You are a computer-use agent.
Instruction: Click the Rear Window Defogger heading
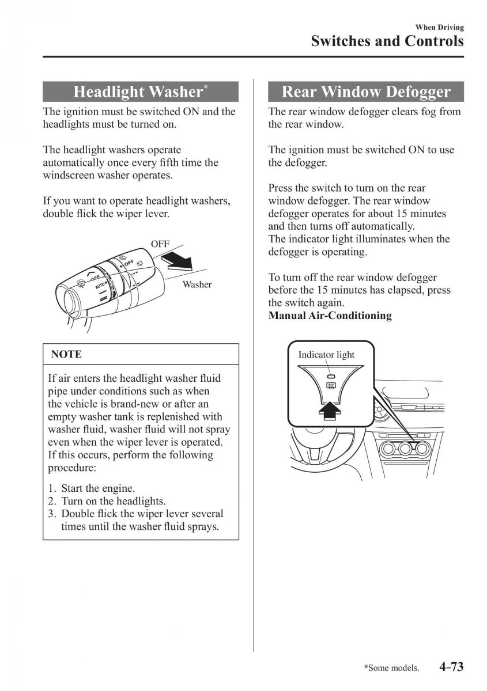pos(366,92)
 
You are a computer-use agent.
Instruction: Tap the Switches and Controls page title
pos(387,41)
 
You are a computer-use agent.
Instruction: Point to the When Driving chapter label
pos(439,27)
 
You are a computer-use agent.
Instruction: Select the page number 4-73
pos(451,667)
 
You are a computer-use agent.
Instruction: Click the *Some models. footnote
pos(391,668)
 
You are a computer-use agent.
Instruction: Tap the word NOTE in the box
pos(66,355)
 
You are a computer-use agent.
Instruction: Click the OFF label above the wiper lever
pos(160,244)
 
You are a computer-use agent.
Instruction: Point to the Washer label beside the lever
pos(197,284)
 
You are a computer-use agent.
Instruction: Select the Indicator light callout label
pos(326,355)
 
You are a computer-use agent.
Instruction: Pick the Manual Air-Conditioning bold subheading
pos(330,316)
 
